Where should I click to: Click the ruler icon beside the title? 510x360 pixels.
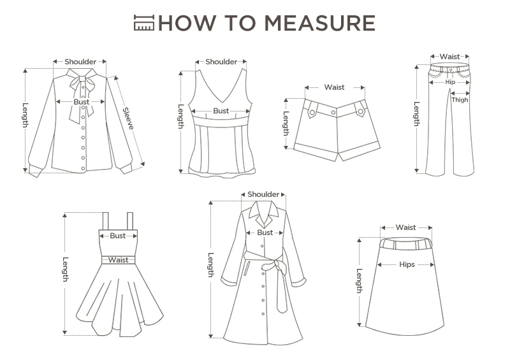144,23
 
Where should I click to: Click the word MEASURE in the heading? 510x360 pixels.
319,23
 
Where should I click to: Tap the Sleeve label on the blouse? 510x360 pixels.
128,119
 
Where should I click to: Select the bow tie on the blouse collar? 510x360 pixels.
82,94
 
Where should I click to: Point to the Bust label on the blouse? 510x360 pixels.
82,102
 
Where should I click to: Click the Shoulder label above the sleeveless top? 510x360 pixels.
221,62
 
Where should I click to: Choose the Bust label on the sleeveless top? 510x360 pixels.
221,111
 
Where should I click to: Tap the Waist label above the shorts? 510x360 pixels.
334,87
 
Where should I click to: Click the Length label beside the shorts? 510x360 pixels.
286,124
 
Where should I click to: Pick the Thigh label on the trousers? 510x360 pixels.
460,100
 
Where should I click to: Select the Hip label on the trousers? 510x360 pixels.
450,82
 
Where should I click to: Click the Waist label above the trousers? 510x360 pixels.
450,57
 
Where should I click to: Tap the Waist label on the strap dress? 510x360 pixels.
119,260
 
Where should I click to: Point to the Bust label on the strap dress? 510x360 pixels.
118,236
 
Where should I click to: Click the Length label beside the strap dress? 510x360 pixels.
66,270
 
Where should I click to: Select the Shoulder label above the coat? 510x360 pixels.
263,194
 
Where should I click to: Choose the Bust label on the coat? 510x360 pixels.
265,233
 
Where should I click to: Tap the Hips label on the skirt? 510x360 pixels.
407,264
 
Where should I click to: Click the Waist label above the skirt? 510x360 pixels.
405,227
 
